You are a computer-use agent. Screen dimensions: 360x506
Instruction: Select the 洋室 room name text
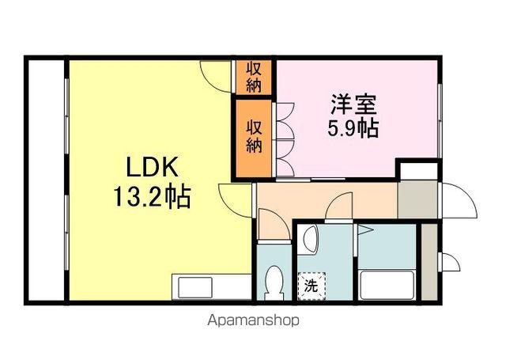click(x=353, y=104)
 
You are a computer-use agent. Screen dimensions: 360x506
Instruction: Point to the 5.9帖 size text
click(x=353, y=128)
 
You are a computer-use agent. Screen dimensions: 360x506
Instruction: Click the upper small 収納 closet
click(x=253, y=77)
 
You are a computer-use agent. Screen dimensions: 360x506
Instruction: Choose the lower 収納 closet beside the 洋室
click(x=253, y=136)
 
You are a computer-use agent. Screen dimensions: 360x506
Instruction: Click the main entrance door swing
click(x=459, y=201)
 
